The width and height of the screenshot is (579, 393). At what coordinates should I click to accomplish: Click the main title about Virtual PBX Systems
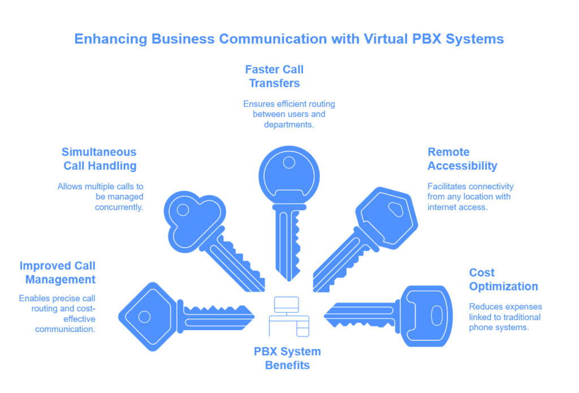[x=289, y=40]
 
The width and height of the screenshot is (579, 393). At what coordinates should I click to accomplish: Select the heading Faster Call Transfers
[x=274, y=76]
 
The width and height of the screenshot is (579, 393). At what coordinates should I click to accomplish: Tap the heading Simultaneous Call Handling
[x=100, y=158]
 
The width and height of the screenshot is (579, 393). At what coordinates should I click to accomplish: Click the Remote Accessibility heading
[x=462, y=158]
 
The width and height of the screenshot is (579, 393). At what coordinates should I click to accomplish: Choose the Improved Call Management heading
[x=57, y=272]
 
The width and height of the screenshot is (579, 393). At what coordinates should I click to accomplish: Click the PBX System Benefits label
[x=287, y=358]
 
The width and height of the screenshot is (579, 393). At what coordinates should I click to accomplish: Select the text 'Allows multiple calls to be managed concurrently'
[x=100, y=196]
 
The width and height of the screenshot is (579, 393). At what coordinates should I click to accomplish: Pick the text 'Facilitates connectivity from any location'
[x=470, y=196]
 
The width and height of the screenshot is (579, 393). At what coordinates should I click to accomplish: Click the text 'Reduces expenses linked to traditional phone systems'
[x=505, y=317]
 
